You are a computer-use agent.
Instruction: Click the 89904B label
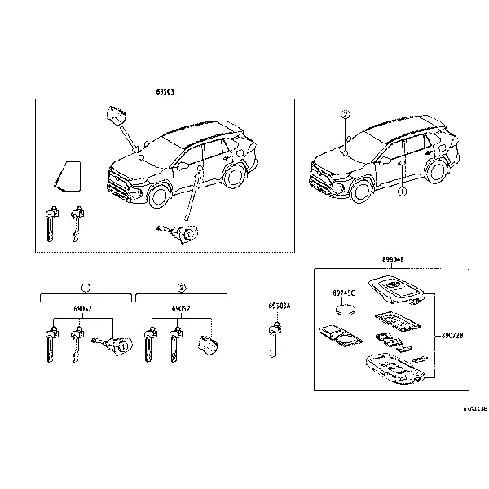(x=393, y=260)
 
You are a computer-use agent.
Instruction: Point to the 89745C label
(x=345, y=293)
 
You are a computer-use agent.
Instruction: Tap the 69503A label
(x=280, y=306)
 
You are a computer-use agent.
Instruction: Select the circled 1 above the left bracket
(x=85, y=288)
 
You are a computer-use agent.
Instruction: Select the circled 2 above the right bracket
(x=182, y=288)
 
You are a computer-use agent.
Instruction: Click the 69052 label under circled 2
(x=182, y=310)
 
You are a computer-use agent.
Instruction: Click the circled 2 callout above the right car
(x=345, y=116)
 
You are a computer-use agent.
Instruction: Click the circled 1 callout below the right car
(x=401, y=193)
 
